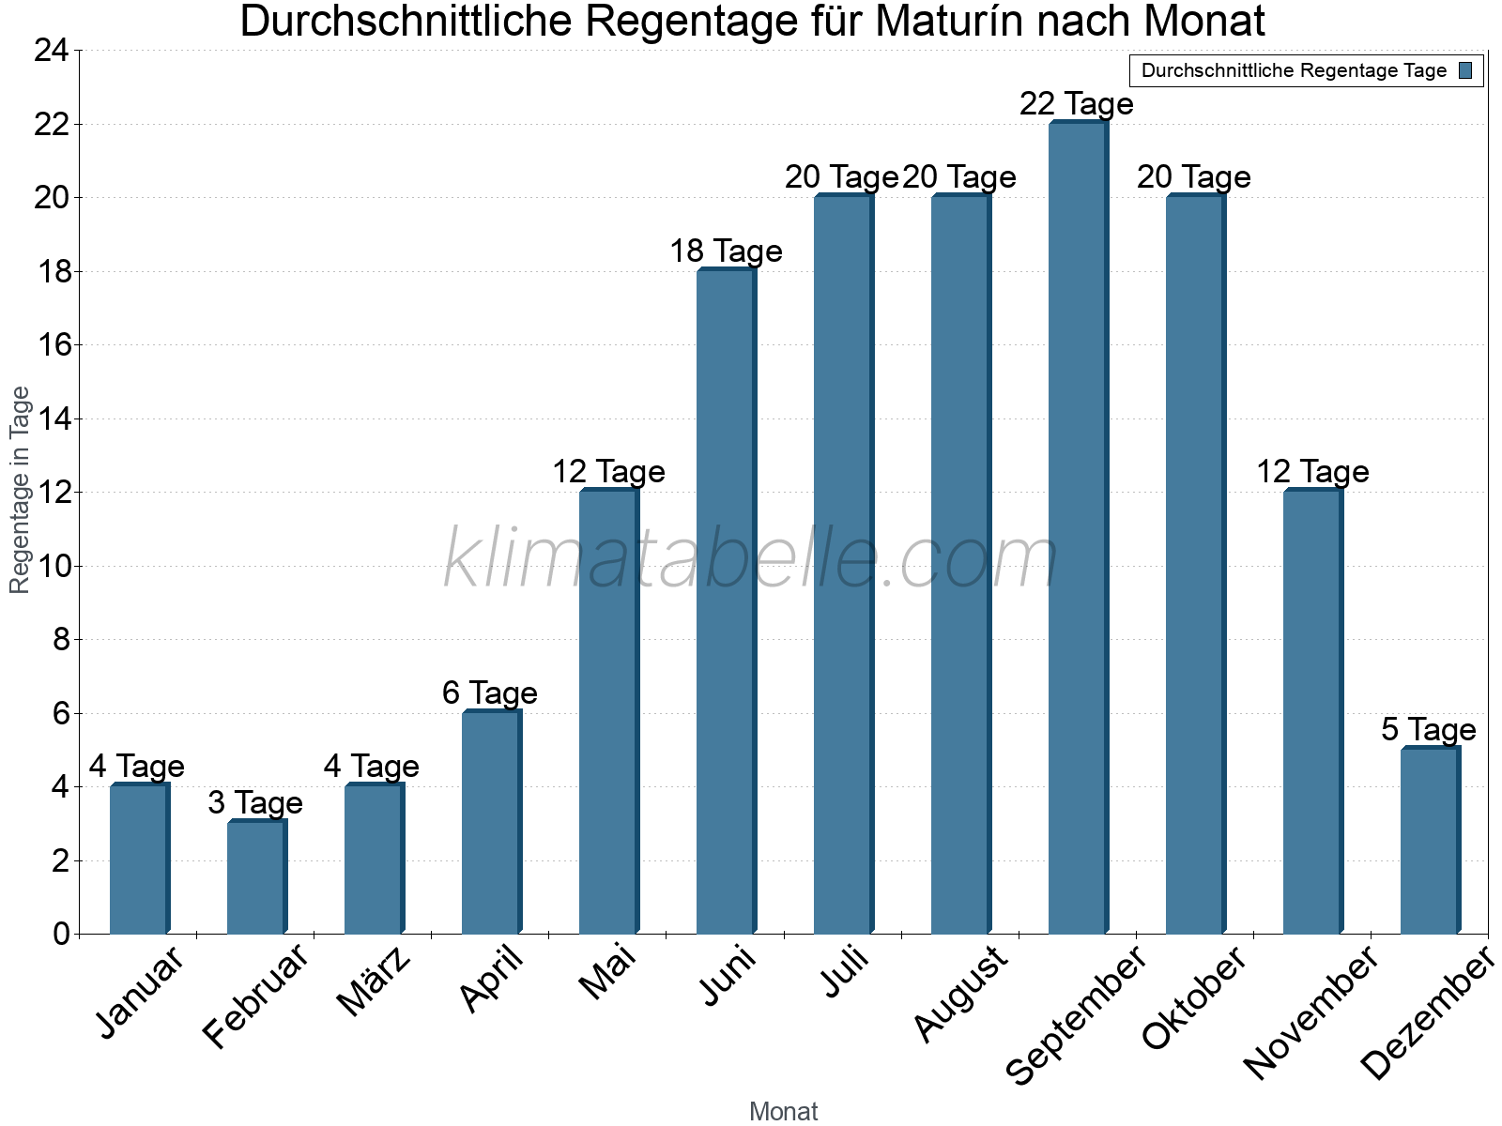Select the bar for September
(1078, 528)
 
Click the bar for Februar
(256, 877)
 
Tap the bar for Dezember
(1430, 841)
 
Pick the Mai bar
(608, 712)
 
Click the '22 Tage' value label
(1077, 103)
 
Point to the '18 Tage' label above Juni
(726, 251)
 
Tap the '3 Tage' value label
(255, 802)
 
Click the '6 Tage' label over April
(490, 692)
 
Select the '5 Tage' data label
(1429, 729)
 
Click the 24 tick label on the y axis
(52, 51)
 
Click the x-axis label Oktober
(1193, 998)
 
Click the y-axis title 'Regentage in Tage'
(20, 490)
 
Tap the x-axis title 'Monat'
(784, 1111)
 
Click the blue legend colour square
(1466, 70)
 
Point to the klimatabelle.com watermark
(751, 559)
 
